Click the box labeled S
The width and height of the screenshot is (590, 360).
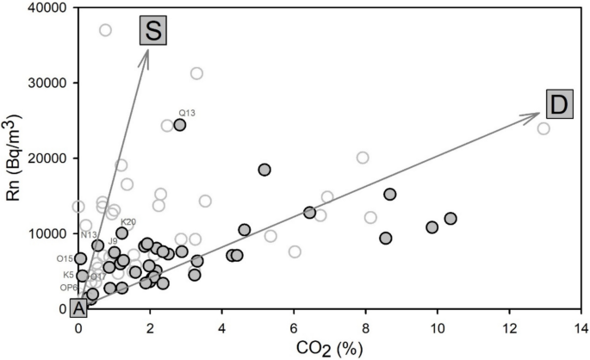pyautogui.click(x=152, y=31)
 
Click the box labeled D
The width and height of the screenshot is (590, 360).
pyautogui.click(x=557, y=105)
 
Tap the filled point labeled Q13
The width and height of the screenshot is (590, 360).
pyautogui.click(x=179, y=125)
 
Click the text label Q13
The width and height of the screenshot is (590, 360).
pyautogui.click(x=188, y=113)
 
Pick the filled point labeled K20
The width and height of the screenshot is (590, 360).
pyautogui.click(x=122, y=233)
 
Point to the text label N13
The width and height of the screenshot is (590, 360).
pyautogui.click(x=89, y=234)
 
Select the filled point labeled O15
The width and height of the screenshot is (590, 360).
pyautogui.click(x=81, y=258)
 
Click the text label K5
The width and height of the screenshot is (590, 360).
pyautogui.click(x=69, y=275)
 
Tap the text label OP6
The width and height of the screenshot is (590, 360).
pyautogui.click(x=69, y=288)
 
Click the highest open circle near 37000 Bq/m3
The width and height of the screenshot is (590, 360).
pyautogui.click(x=105, y=30)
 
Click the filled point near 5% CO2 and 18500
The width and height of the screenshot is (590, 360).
pyautogui.click(x=264, y=170)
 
